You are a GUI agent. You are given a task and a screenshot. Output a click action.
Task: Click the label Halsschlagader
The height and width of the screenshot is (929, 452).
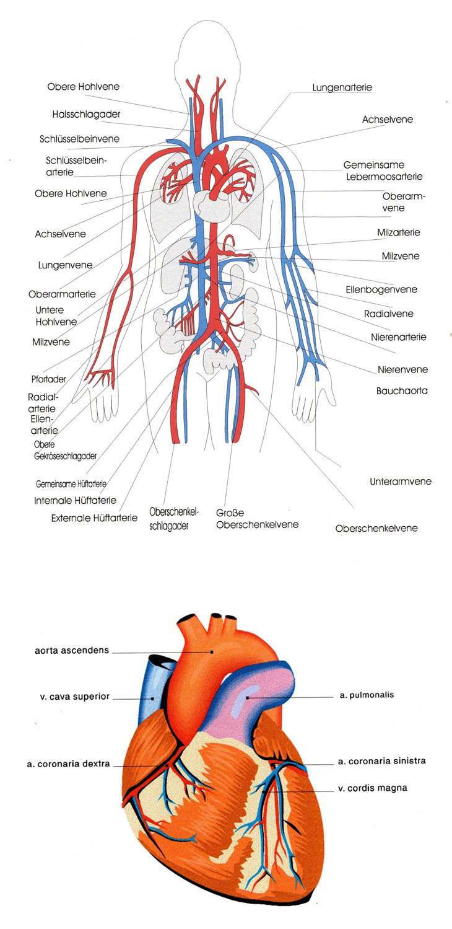(86, 114)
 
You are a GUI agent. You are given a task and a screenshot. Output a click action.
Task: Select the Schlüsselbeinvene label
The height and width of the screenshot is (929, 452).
(80, 139)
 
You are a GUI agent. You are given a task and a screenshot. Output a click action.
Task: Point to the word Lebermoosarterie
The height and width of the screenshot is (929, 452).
(384, 177)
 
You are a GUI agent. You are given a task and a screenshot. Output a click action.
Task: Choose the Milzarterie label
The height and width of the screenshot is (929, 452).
(398, 232)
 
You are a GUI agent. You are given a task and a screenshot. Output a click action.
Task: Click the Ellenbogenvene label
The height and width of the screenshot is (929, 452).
(381, 289)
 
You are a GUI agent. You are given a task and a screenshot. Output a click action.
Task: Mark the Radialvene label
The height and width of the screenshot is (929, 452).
(389, 314)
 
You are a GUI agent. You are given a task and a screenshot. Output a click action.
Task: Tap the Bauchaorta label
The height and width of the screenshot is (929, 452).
(401, 391)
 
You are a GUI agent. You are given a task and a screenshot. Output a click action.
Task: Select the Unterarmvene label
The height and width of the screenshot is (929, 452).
(401, 481)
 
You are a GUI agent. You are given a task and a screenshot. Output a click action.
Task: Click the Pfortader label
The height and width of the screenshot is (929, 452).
(49, 379)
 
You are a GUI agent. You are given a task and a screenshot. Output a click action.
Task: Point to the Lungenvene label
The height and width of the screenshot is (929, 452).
(65, 265)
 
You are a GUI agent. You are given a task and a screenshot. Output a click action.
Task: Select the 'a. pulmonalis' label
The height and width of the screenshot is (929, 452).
(367, 695)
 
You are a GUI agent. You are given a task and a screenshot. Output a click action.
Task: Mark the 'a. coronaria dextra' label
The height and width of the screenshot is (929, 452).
(68, 764)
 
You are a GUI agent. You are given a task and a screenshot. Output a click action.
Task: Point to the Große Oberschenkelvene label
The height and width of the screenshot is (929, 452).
(257, 519)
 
